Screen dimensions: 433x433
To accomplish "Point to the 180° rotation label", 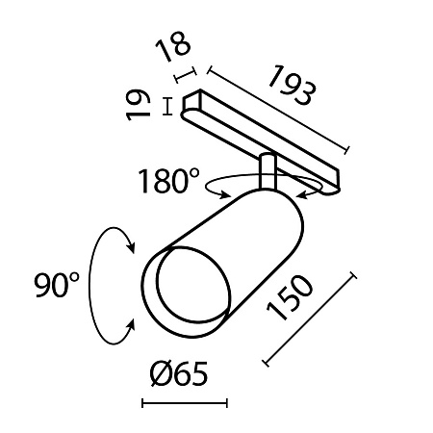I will click(168, 180).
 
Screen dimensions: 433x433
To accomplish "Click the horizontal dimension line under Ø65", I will click(185, 402).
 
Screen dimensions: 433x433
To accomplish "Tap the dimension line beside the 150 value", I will click(310, 319).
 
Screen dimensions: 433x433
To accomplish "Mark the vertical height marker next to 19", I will click(169, 106).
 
